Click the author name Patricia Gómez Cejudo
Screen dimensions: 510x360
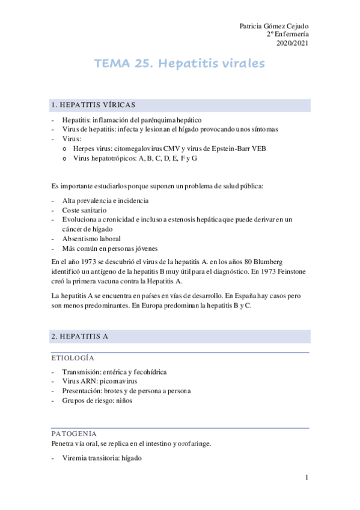point(274,26)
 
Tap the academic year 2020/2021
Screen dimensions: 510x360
point(292,43)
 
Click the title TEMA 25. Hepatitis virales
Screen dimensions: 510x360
point(180,64)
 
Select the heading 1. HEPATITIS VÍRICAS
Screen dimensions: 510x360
point(94,105)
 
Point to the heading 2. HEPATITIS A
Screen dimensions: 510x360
point(80,336)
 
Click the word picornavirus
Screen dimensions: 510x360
point(117,381)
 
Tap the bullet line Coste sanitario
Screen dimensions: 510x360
point(84,210)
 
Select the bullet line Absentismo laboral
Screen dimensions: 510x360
point(90,239)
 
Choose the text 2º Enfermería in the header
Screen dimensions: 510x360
point(287,34)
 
